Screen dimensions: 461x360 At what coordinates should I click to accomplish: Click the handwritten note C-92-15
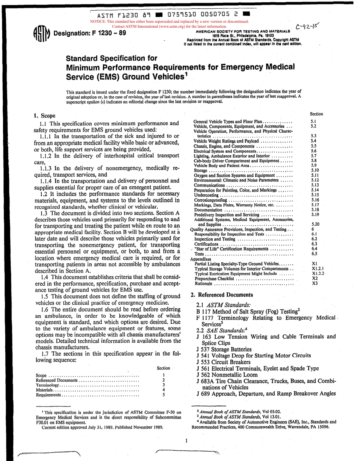tap(308, 26)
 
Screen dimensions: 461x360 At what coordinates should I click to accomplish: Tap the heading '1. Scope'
tap(45, 116)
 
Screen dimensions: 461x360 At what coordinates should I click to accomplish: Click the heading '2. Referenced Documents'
tap(221, 295)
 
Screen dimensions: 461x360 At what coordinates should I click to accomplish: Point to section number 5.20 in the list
tap(315, 224)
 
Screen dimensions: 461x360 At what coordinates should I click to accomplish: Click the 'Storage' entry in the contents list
tap(201, 171)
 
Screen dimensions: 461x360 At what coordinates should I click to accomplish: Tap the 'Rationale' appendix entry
tap(203, 283)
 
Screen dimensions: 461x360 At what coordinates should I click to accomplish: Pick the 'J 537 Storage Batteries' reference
tap(224, 349)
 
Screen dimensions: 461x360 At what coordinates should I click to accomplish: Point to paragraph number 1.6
tap(45, 309)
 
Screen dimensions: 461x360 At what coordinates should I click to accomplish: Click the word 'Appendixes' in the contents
tap(201, 259)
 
